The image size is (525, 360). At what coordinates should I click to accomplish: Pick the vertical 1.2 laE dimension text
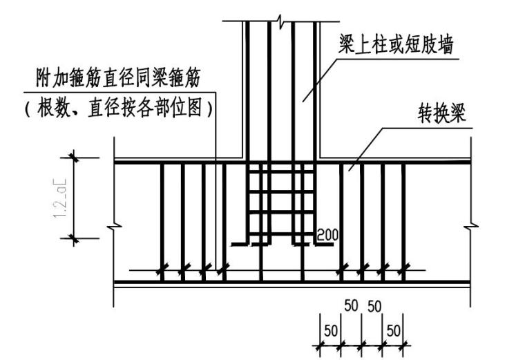[59, 198]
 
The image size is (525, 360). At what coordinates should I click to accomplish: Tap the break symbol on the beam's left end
[113, 225]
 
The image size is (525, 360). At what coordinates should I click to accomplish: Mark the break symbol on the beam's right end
[471, 225]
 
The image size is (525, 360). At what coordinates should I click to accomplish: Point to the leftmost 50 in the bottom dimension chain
[331, 330]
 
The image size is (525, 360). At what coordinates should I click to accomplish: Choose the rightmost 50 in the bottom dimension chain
[393, 330]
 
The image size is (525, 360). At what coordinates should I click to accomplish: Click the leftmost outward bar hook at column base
[239, 244]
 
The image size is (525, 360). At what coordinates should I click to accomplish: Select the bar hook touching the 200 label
[305, 243]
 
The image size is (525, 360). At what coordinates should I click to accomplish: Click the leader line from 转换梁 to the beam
[366, 149]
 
